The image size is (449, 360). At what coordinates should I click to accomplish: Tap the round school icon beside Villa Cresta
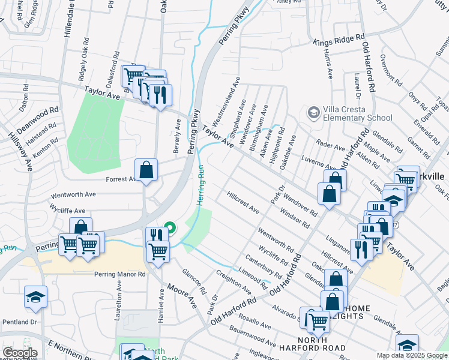pyautogui.click(x=313, y=113)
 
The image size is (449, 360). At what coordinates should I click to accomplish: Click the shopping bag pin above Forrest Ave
pyautogui.click(x=146, y=170)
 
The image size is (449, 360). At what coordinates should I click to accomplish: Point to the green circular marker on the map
pyautogui.click(x=170, y=228)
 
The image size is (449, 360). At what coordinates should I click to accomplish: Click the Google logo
pyautogui.click(x=19, y=353)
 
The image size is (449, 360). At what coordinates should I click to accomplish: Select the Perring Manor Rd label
pyautogui.click(x=120, y=274)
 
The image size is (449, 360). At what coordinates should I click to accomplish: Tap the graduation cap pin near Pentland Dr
pyautogui.click(x=35, y=297)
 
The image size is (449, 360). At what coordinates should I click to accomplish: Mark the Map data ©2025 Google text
pyautogui.click(x=412, y=355)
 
